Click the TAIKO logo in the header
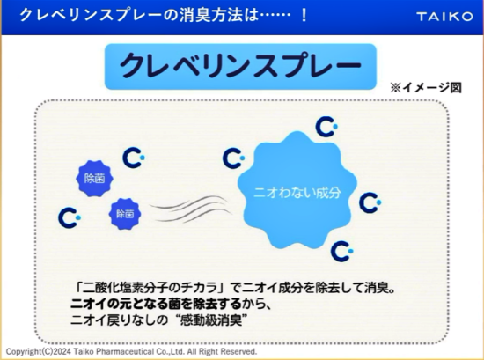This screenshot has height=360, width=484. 444,17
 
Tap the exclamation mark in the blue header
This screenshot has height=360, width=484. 304,16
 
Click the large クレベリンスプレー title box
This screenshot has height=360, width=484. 240,66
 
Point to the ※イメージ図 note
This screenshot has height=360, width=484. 426,88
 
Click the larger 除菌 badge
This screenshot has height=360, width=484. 94,179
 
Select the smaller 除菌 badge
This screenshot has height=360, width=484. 125,214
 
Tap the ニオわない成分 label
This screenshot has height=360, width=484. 297,193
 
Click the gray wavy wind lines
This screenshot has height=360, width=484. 190,209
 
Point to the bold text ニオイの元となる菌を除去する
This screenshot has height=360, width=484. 156,305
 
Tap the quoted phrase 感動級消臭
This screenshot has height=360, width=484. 211,320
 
